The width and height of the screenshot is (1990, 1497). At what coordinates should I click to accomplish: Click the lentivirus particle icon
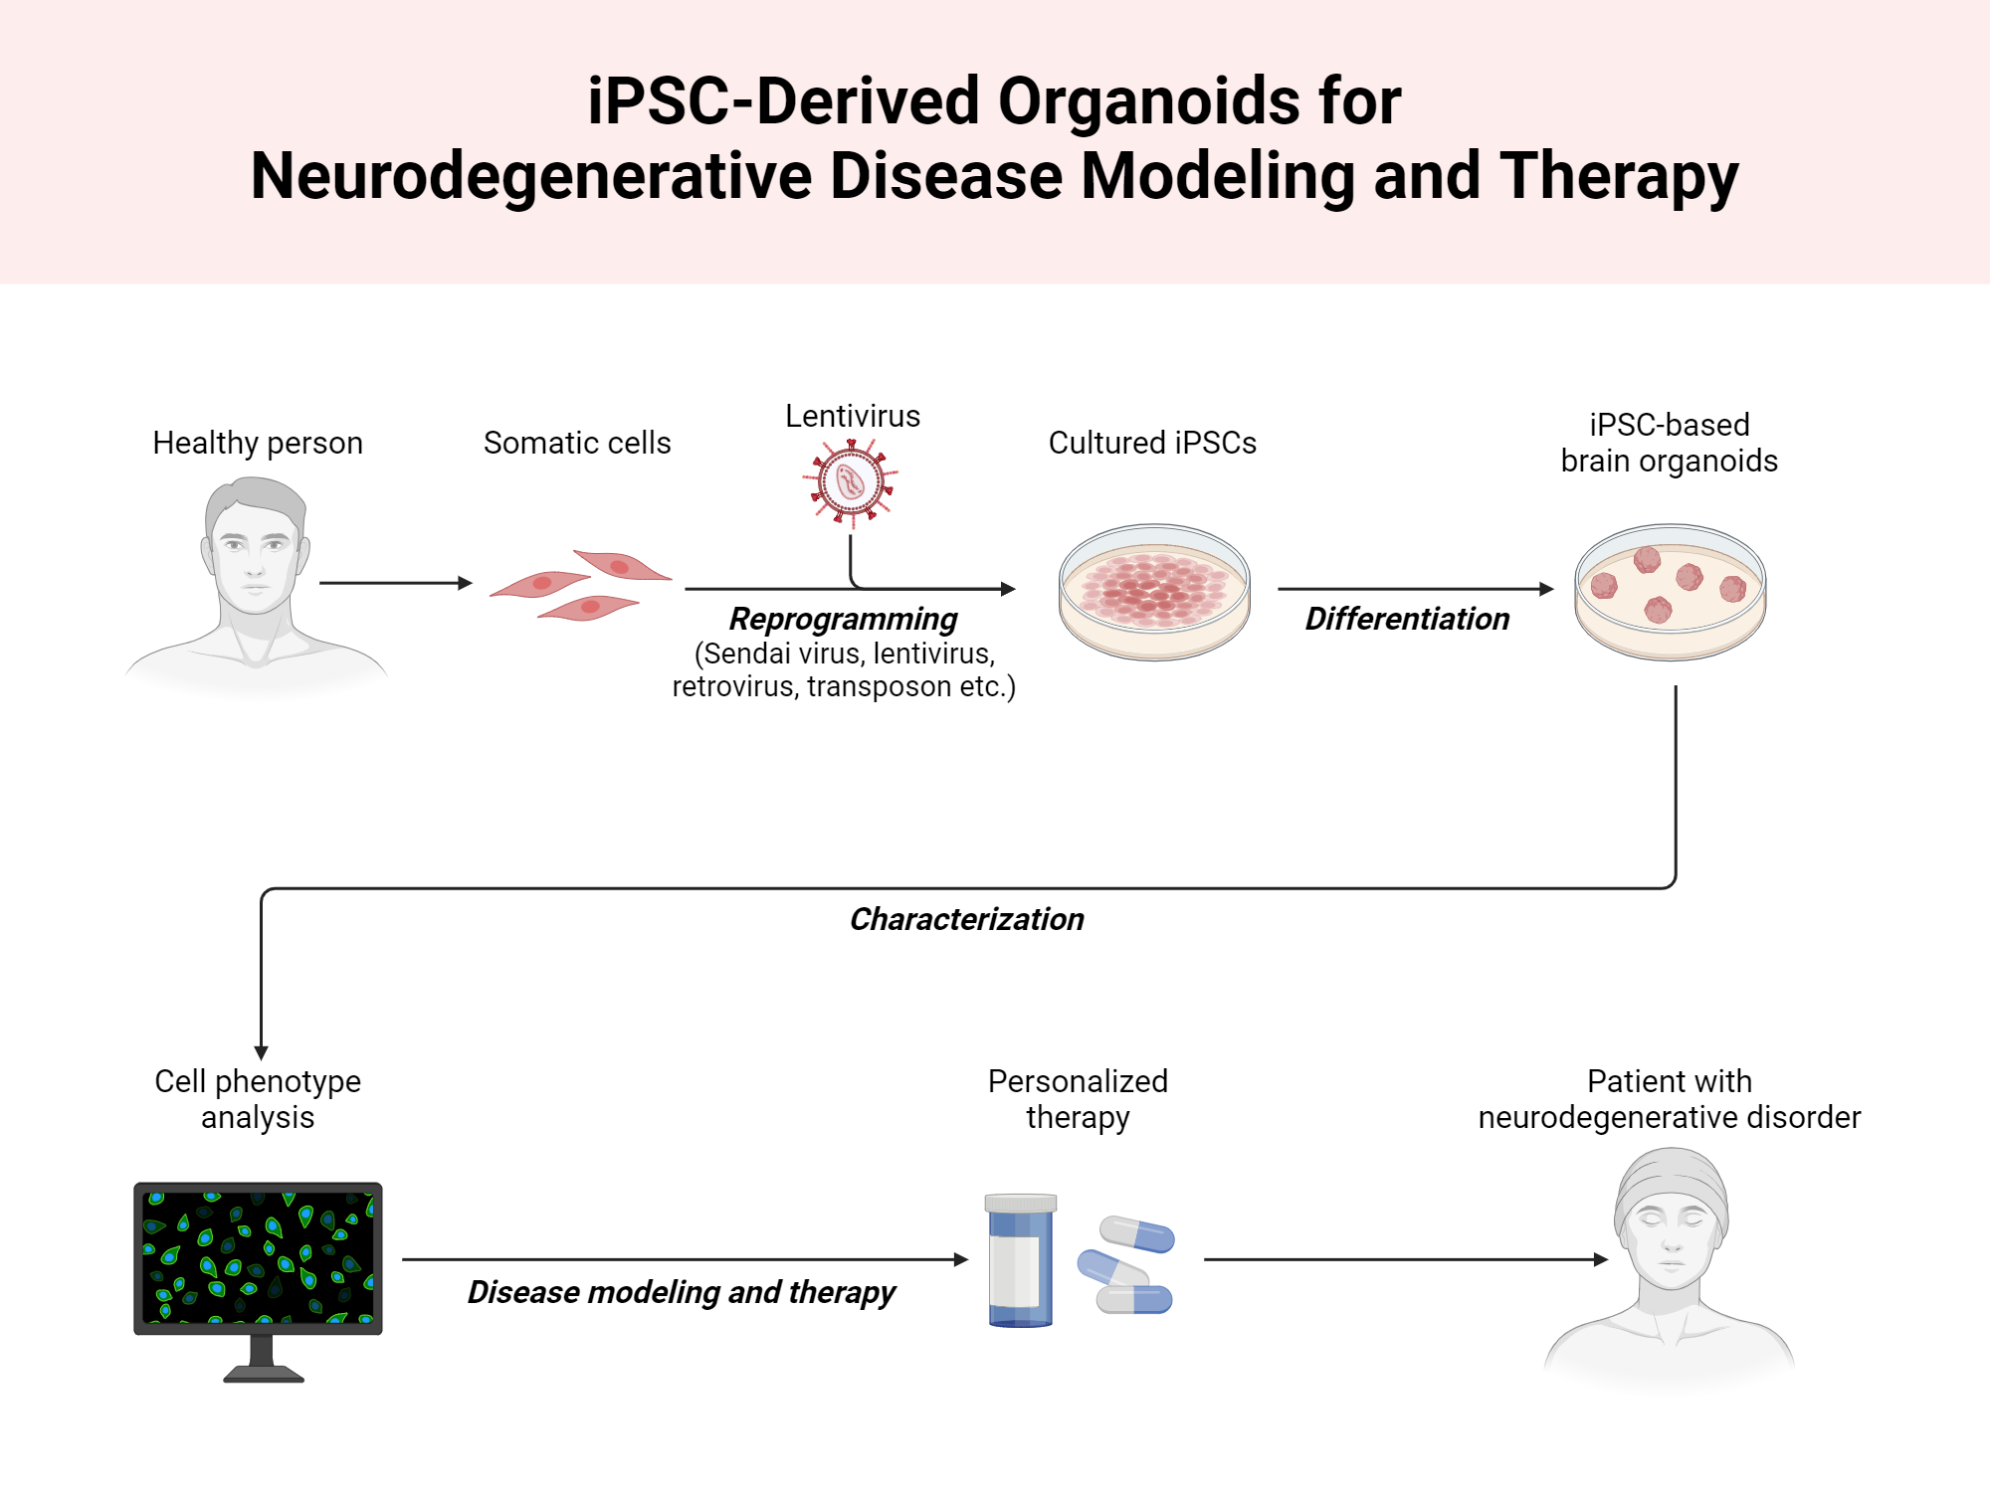click(x=851, y=482)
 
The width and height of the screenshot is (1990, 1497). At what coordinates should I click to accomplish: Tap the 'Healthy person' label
click(x=258, y=443)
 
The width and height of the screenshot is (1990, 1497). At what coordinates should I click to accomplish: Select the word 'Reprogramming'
click(x=843, y=619)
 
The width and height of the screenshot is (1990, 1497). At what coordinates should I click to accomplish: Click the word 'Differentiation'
click(x=1407, y=619)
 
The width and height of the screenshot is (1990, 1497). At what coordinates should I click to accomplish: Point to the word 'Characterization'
click(x=966, y=919)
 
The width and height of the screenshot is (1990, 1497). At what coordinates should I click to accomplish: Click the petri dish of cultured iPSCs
click(x=1154, y=592)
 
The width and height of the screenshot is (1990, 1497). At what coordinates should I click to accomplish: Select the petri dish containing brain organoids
click(x=1670, y=592)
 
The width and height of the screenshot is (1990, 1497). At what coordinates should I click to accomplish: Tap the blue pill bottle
click(x=1020, y=1260)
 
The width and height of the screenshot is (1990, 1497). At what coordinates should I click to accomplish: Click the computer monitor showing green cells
click(x=259, y=1257)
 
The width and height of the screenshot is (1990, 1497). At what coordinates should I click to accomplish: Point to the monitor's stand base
click(x=264, y=1374)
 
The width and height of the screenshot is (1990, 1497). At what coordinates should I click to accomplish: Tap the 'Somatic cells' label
click(x=577, y=443)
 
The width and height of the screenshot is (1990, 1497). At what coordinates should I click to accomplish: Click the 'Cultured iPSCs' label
click(x=1152, y=443)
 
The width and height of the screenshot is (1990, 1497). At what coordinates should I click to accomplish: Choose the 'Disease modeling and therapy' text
click(x=682, y=1292)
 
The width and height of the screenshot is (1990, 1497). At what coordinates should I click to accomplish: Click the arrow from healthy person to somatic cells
click(x=394, y=583)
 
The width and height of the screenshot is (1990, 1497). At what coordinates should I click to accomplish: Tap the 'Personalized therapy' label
click(x=1078, y=1099)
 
